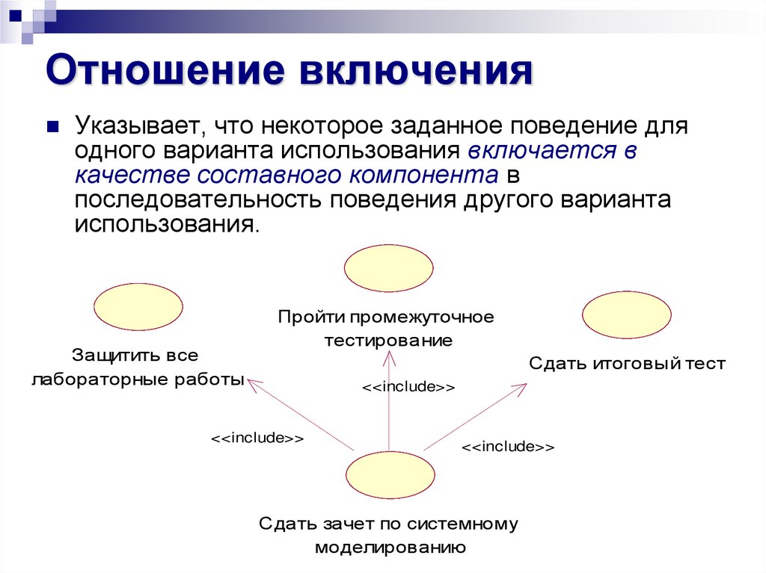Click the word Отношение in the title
coord(165,73)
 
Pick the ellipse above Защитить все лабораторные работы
coord(138,306)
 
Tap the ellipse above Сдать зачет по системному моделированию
coord(390,477)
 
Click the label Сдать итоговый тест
coord(627,364)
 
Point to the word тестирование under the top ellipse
coord(388,341)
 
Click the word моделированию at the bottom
coord(390,547)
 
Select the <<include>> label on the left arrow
coord(257,438)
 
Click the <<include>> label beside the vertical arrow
coord(408,388)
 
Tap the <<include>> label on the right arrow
coord(508,447)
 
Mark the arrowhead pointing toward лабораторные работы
coord(252,383)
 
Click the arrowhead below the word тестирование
coord(388,357)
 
